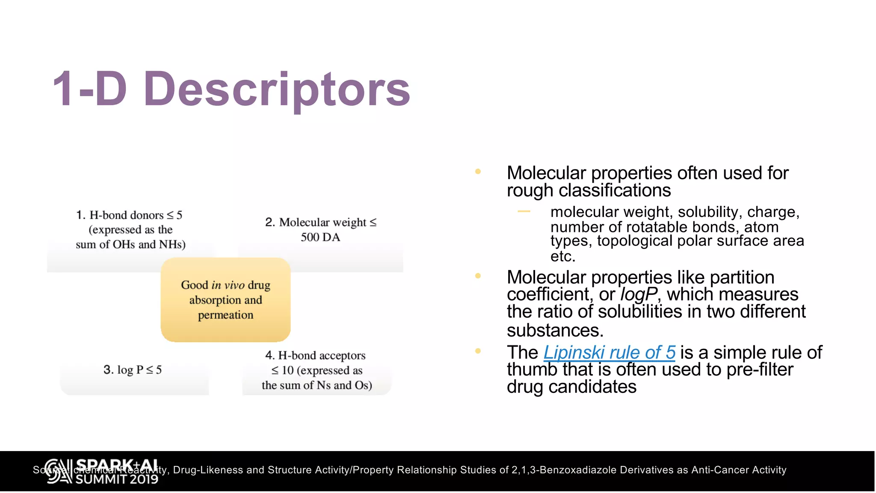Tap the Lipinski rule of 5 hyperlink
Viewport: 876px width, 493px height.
click(x=609, y=353)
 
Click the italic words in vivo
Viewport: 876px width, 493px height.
click(x=228, y=285)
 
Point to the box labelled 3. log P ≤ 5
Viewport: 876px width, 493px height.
click(x=133, y=370)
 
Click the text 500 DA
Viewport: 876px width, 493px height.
click(x=320, y=238)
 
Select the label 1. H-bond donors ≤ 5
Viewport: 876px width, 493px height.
click(x=129, y=215)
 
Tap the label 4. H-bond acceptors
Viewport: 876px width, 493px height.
click(x=315, y=356)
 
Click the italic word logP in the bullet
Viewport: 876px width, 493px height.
click(x=639, y=295)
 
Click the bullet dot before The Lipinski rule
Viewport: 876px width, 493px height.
click(x=478, y=351)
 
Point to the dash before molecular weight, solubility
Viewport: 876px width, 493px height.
click(x=524, y=211)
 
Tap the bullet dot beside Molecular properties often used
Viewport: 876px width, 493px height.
click(x=478, y=172)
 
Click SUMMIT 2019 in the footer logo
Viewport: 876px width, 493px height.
click(x=117, y=479)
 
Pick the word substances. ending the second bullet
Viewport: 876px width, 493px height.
click(x=555, y=331)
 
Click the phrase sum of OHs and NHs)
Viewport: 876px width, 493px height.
click(x=130, y=245)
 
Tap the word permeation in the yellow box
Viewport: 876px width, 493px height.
click(x=225, y=315)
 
